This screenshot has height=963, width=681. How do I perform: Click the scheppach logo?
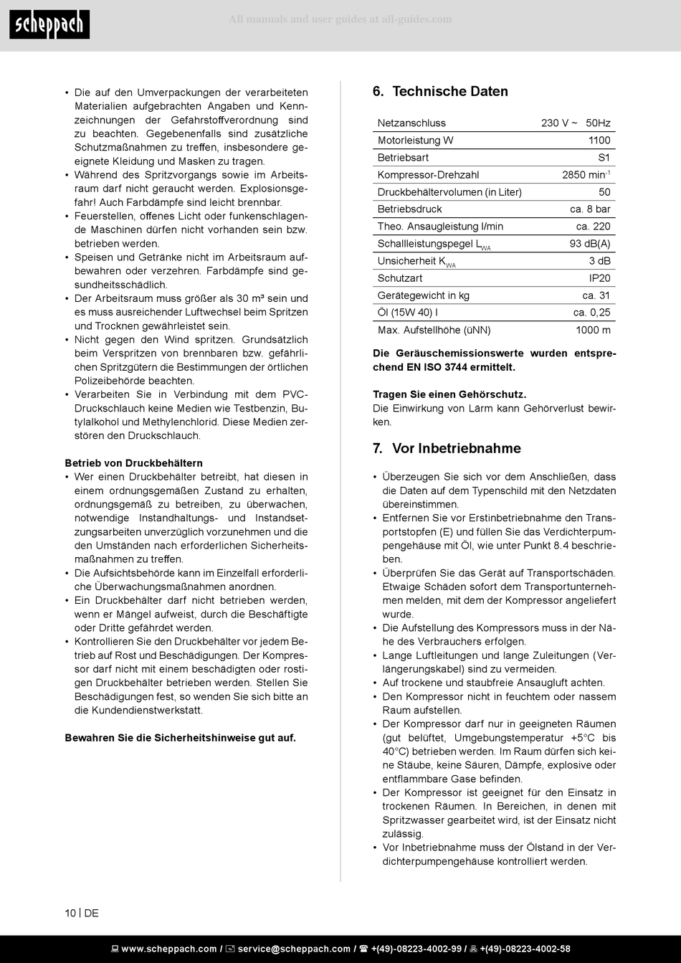[x=49, y=25]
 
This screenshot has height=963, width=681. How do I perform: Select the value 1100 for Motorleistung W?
[x=599, y=141]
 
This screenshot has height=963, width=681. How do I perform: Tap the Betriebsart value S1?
[x=604, y=158]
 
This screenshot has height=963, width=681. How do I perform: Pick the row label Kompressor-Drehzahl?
[x=428, y=175]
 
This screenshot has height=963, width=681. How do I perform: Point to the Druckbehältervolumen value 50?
[x=604, y=192]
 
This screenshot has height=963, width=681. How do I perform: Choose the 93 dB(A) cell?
[x=590, y=244]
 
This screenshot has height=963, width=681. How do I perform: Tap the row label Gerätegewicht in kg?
[x=423, y=295]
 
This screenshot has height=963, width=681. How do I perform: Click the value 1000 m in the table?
[x=593, y=331]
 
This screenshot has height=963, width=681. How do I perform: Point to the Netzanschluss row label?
[x=411, y=123]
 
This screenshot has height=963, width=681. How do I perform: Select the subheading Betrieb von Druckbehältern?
[x=133, y=463]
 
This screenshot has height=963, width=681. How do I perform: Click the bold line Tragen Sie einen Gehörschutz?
[x=449, y=395]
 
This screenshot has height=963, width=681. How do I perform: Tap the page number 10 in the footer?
[x=70, y=914]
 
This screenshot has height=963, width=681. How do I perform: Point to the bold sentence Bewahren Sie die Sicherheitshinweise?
[x=180, y=738]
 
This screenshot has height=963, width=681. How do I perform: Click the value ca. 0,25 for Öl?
[x=591, y=313]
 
